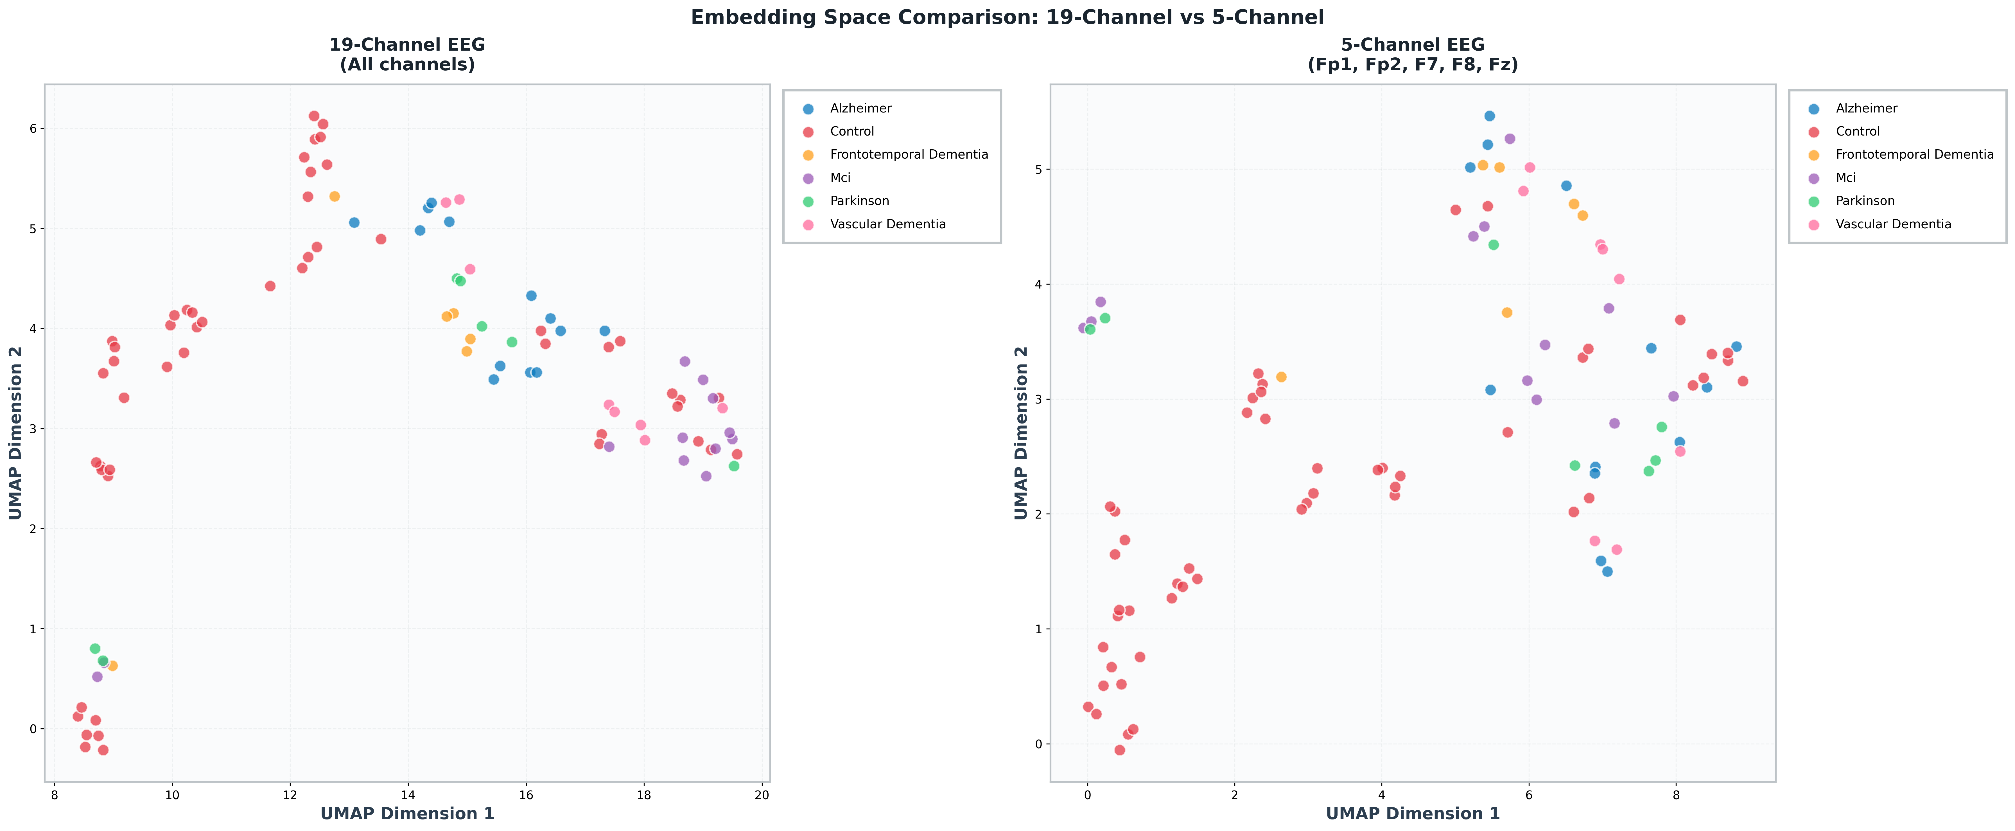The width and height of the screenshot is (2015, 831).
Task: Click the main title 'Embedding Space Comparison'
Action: click(1007, 17)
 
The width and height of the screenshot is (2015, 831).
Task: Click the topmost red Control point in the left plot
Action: click(314, 116)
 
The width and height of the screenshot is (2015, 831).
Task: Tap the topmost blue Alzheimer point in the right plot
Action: click(1489, 116)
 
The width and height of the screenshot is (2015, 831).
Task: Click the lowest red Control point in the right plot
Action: click(1119, 750)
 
